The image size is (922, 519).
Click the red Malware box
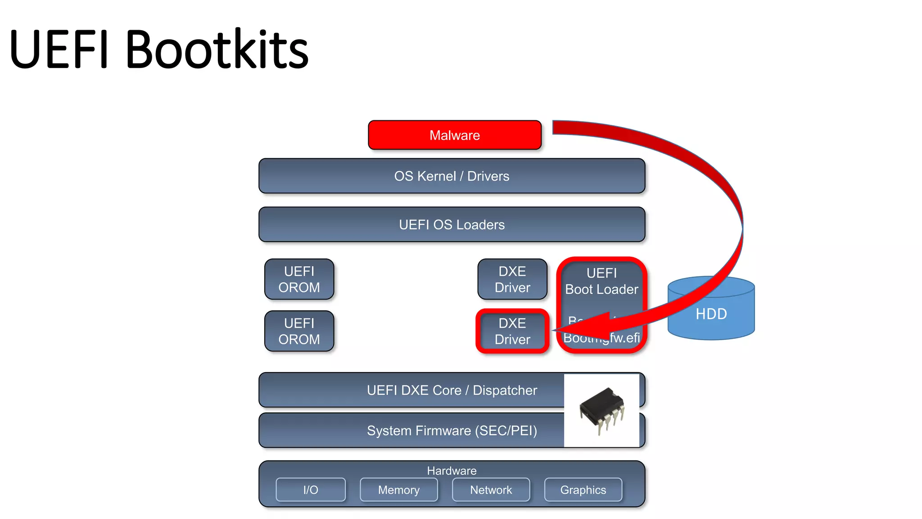click(x=454, y=135)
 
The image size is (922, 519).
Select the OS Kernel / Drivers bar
click(x=452, y=176)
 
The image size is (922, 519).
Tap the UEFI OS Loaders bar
click(x=452, y=224)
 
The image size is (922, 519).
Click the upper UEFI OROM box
click(x=299, y=279)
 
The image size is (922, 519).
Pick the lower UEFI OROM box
click(x=299, y=331)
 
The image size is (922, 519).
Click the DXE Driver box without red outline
click(x=512, y=279)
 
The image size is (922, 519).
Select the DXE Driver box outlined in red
click(x=512, y=331)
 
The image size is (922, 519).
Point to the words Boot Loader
click(x=601, y=289)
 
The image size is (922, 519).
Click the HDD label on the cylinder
click(x=711, y=314)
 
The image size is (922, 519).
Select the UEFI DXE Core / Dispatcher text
click(x=452, y=390)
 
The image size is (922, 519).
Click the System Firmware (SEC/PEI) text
click(x=452, y=431)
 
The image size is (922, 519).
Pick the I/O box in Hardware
click(x=311, y=490)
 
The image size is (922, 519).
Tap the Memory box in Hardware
click(x=398, y=490)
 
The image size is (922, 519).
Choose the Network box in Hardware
click(x=491, y=490)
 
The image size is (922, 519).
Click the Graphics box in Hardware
click(x=583, y=490)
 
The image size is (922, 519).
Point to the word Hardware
click(x=452, y=471)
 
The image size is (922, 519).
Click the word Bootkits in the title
click(x=217, y=50)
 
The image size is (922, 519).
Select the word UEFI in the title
click(x=59, y=50)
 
